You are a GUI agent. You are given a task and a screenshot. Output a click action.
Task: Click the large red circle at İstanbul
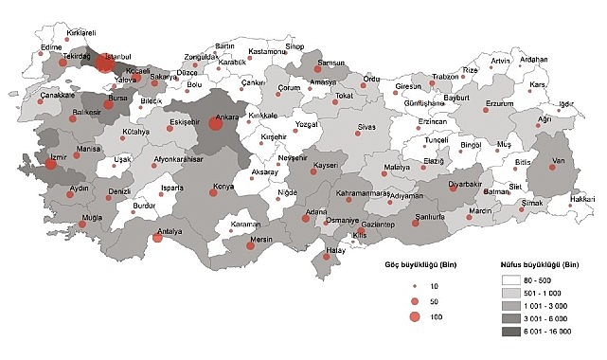pos(104,63)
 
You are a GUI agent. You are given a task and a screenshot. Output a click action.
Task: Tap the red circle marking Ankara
pos(216,123)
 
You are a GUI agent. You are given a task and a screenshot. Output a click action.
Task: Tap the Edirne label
pos(51,45)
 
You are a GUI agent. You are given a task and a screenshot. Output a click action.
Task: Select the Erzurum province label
pos(499,102)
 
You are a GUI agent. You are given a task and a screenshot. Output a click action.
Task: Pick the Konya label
pos(223,186)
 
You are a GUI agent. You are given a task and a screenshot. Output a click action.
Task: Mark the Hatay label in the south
pos(336,251)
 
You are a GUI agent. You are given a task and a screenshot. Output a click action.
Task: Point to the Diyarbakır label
pos(466,177)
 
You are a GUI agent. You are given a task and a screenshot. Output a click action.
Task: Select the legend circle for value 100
pos(414,317)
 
